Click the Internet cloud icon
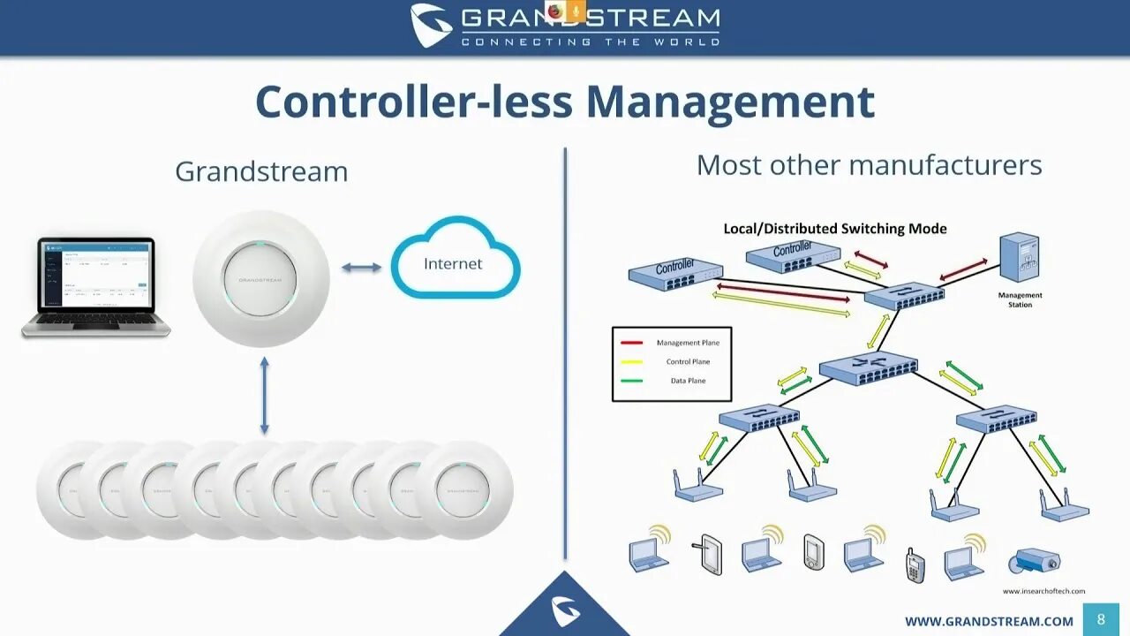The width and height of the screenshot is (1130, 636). click(x=455, y=262)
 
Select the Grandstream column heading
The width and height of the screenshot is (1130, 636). click(x=261, y=170)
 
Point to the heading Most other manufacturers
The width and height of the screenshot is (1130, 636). click(x=869, y=165)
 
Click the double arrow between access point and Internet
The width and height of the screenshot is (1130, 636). click(x=362, y=267)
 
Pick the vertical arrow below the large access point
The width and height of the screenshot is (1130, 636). click(x=264, y=395)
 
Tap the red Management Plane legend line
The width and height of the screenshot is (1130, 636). click(x=631, y=343)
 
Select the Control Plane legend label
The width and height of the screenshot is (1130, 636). click(x=688, y=362)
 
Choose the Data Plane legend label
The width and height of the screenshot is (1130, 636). click(x=688, y=381)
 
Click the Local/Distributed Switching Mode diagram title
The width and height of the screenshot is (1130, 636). click(x=834, y=229)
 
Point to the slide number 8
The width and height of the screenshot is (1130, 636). click(x=1101, y=619)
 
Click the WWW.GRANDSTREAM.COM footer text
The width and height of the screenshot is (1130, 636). click(x=989, y=622)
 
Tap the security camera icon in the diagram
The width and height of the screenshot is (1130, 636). click(x=1034, y=560)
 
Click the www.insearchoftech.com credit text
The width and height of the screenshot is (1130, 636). click(x=1043, y=591)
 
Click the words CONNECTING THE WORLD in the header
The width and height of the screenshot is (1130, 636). click(x=590, y=42)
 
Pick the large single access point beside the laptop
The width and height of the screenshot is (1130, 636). click(x=261, y=278)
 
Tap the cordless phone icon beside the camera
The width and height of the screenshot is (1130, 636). click(x=915, y=564)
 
